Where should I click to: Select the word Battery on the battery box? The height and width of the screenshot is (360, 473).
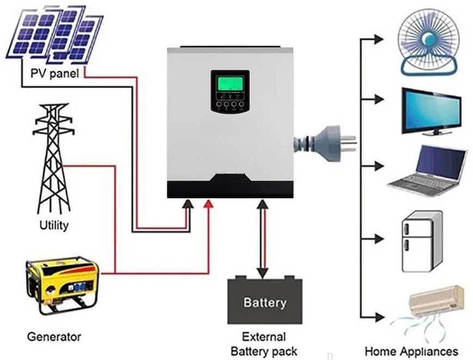click(x=264, y=302)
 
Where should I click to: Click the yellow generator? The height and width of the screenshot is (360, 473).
click(x=63, y=285)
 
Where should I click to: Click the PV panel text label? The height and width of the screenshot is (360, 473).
click(x=54, y=74)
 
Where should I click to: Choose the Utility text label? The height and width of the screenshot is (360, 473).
click(x=54, y=225)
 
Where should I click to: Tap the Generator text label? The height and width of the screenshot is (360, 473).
click(x=54, y=337)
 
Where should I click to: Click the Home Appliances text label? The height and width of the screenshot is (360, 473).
click(x=411, y=351)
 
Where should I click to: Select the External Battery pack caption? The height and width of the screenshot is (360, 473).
click(x=264, y=344)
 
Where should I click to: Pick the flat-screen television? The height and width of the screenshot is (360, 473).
click(x=431, y=111)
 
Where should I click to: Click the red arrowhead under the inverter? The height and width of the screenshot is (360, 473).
click(x=208, y=204)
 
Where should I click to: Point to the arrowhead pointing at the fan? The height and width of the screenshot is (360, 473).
click(x=379, y=39)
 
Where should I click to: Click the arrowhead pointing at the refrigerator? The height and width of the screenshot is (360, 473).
click(x=379, y=238)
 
